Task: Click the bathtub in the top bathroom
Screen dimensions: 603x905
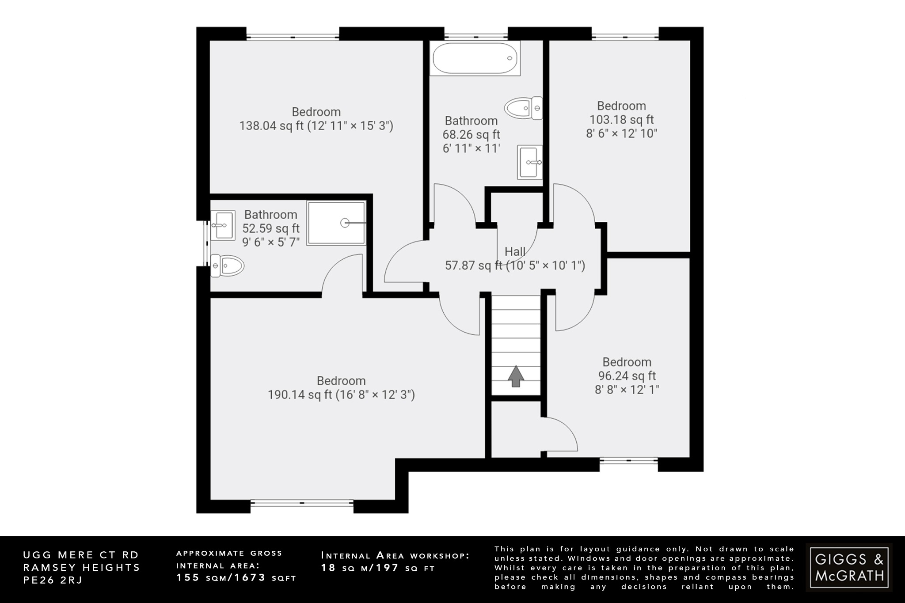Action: coord(475,58)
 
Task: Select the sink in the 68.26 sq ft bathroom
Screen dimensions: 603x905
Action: coord(530,162)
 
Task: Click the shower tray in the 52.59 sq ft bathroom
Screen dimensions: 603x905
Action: coord(337,223)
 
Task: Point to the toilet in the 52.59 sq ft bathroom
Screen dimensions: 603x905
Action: coord(227,266)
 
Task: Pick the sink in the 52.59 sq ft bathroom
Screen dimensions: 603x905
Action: coord(222,225)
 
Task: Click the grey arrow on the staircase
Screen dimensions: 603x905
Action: coord(516,376)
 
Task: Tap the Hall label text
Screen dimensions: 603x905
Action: coord(515,252)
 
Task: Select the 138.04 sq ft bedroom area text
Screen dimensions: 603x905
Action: coord(316,126)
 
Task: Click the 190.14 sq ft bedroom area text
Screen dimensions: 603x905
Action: coord(341,394)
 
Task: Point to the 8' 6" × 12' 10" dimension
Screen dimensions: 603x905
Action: coord(621,133)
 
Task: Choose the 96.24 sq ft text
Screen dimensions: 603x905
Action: coord(627,376)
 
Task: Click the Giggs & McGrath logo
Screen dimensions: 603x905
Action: coord(849,568)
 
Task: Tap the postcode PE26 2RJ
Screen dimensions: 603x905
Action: coord(53,580)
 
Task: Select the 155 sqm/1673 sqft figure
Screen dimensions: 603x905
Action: coord(236,578)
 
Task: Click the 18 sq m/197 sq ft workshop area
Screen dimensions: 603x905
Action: coord(378,569)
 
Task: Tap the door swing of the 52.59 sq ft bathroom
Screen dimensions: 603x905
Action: coord(342,276)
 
